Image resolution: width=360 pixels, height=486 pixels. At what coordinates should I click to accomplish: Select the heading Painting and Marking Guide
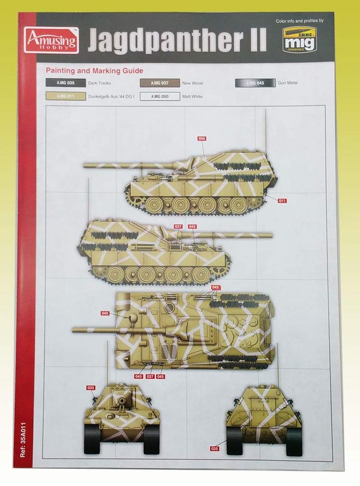(x=94, y=71)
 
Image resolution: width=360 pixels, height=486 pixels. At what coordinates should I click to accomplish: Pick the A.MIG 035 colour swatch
(x=65, y=83)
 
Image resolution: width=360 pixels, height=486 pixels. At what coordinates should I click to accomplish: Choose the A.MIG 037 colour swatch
(x=160, y=83)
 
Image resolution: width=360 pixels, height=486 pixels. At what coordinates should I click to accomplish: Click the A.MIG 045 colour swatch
(x=255, y=83)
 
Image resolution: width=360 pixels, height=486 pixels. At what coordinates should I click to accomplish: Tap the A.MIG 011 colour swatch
(x=65, y=96)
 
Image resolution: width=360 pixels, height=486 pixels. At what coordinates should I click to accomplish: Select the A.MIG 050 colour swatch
(x=160, y=96)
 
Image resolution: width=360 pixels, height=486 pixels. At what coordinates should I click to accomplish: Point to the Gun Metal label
(x=288, y=83)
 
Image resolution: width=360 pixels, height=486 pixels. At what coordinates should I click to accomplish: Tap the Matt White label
(x=193, y=96)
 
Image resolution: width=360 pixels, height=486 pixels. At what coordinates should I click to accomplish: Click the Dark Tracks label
(x=99, y=83)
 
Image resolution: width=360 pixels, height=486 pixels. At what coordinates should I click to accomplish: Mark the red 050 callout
(x=202, y=139)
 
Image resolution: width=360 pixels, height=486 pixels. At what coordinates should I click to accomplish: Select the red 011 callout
(x=282, y=201)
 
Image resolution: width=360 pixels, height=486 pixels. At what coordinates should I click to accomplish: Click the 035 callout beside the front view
(x=91, y=388)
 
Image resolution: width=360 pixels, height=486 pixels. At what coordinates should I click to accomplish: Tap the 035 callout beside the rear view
(x=215, y=448)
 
